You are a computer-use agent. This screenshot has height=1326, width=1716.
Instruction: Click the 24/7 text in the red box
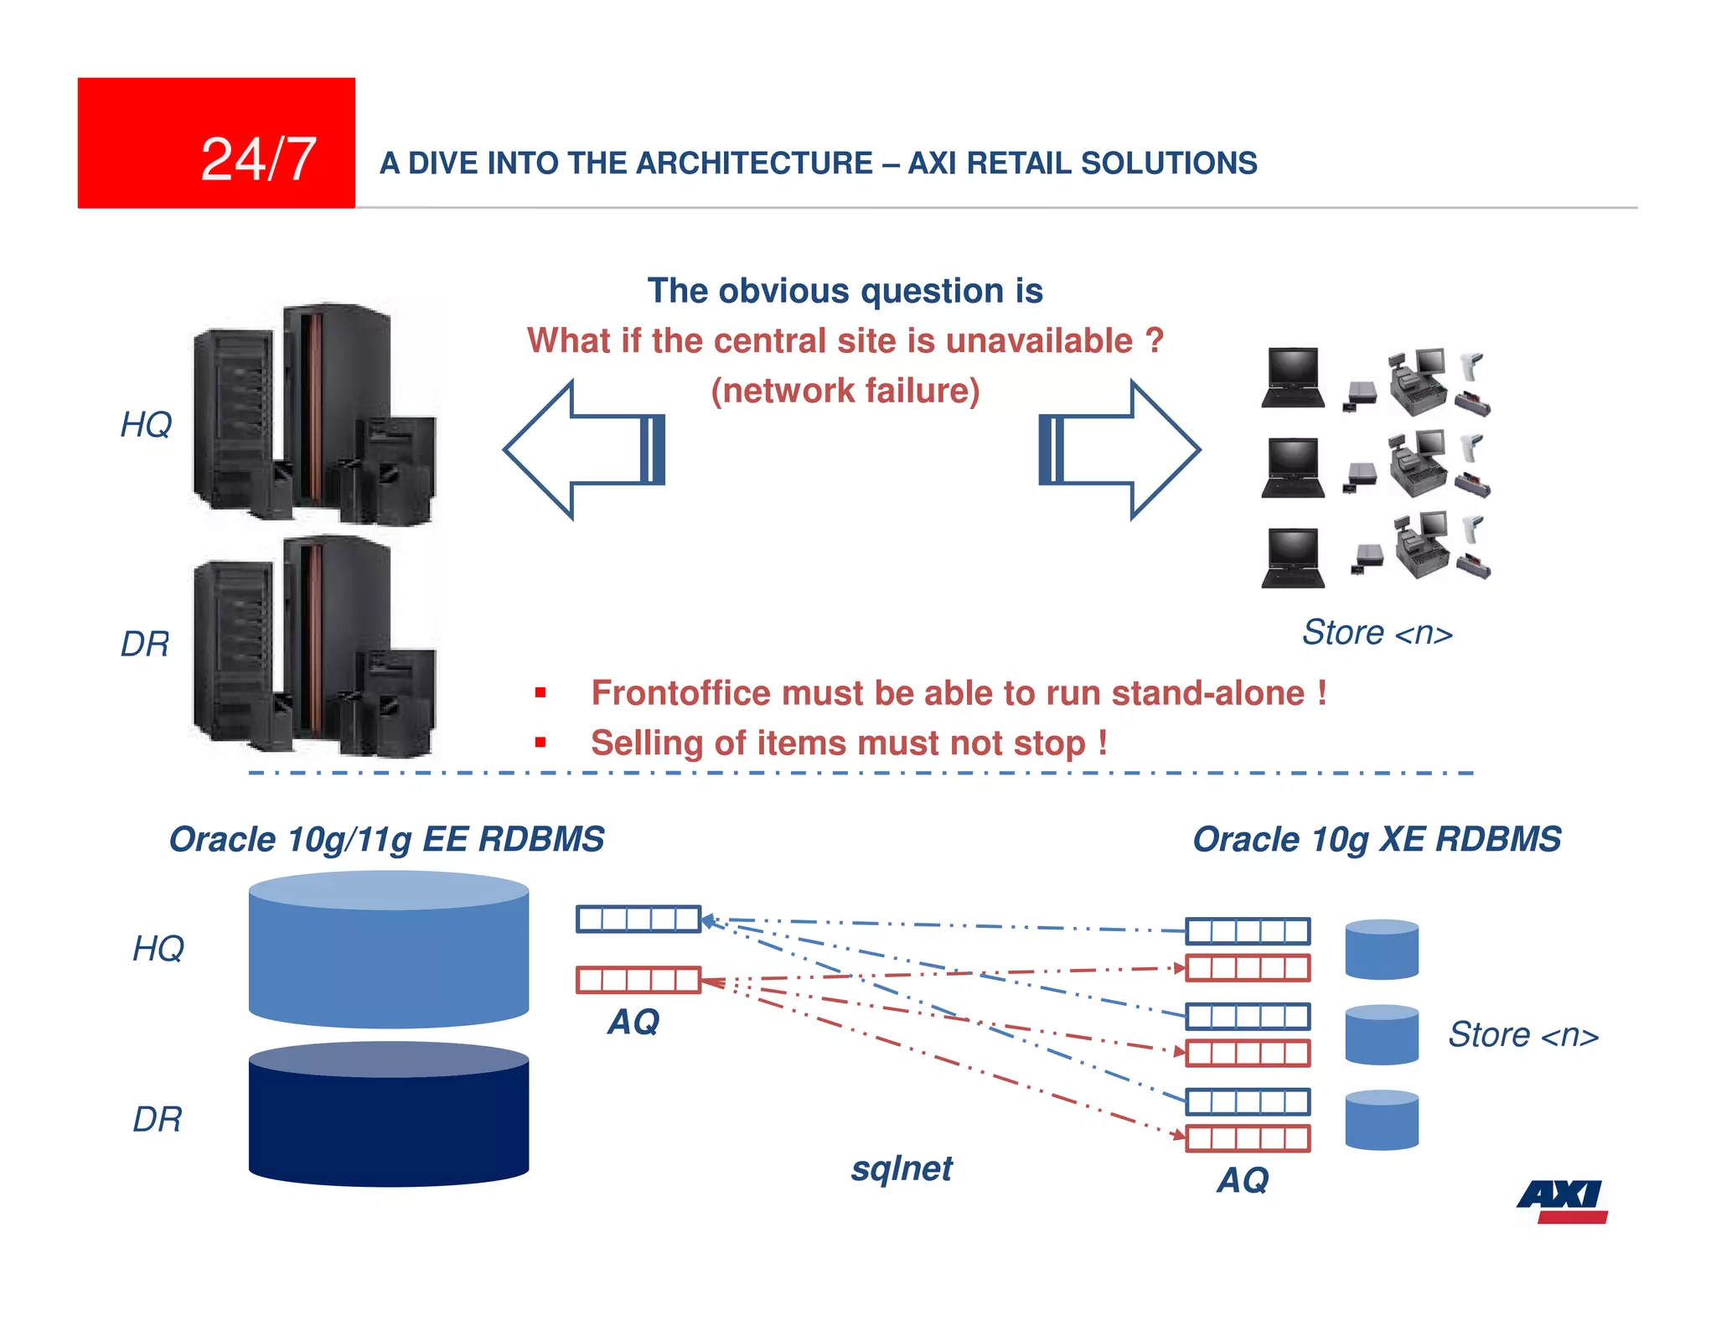click(258, 159)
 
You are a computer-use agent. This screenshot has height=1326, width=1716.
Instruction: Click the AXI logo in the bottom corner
click(1562, 1201)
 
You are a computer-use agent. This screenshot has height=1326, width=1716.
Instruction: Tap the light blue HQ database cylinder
click(388, 951)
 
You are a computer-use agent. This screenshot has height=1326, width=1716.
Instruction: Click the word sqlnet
click(902, 1168)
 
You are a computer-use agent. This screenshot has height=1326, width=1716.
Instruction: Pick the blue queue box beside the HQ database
click(638, 919)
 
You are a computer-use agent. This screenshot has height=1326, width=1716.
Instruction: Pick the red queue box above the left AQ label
click(638, 980)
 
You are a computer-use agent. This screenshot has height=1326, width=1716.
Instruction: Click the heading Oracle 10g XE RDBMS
click(1377, 839)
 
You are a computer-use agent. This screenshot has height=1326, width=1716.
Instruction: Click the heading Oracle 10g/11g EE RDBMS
click(386, 839)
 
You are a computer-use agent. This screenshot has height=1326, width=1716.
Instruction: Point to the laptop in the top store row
click(1292, 378)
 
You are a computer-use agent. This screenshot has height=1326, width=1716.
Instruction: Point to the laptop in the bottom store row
click(1292, 558)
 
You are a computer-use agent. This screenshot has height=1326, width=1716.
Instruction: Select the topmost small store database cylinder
click(1381, 950)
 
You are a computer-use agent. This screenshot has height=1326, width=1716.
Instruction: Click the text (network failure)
click(845, 391)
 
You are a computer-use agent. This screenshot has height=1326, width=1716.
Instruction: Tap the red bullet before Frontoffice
click(540, 692)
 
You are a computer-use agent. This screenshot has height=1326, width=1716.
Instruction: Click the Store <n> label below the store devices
click(1377, 633)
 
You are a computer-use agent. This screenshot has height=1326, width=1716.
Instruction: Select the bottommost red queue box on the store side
click(1248, 1138)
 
